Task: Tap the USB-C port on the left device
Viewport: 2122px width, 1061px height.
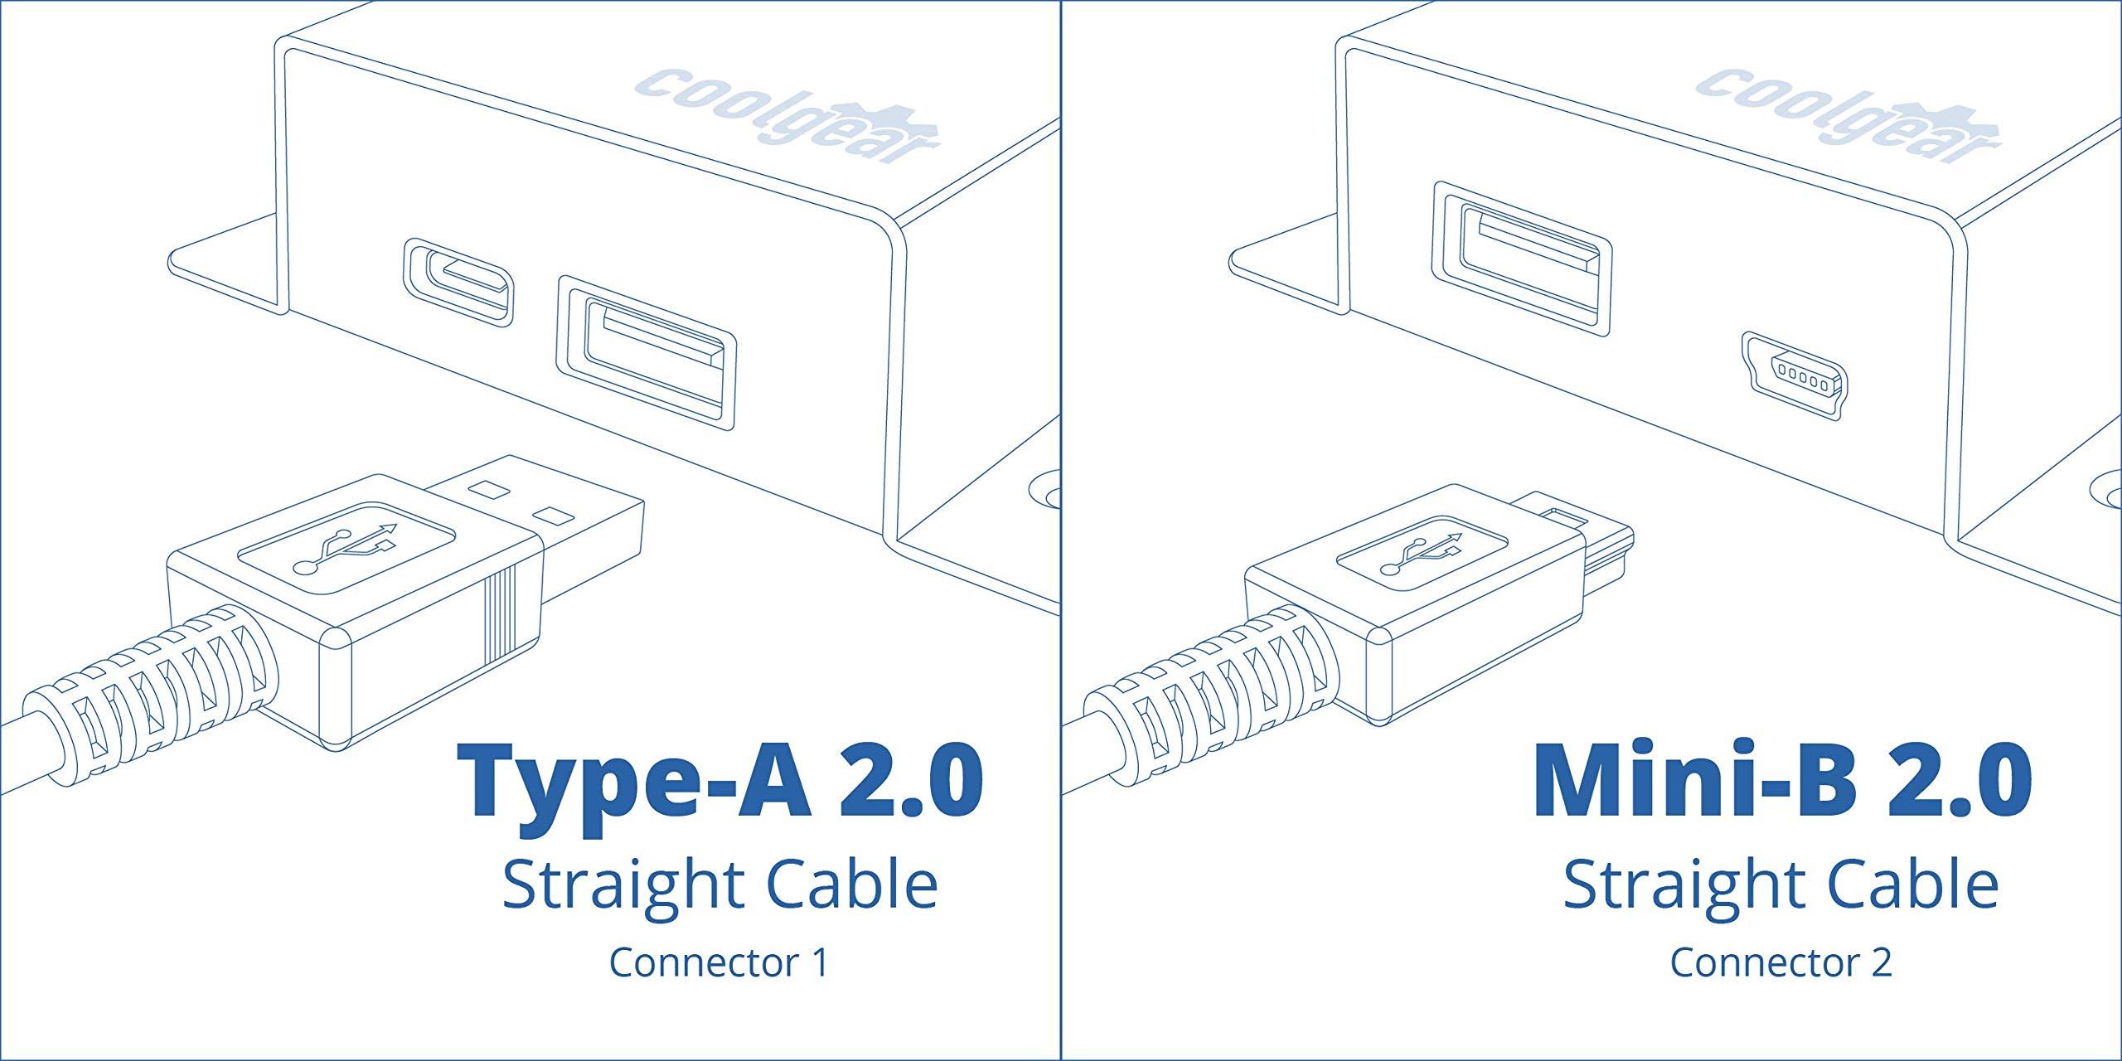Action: coord(458,282)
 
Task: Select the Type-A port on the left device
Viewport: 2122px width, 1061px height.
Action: coord(647,352)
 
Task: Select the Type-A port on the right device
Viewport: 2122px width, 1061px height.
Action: coord(1522,259)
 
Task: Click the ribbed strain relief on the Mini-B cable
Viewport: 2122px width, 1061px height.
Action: coord(1218,680)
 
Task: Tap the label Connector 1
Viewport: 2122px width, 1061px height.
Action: coord(719,962)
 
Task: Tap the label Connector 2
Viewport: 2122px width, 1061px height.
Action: coord(1780,962)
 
